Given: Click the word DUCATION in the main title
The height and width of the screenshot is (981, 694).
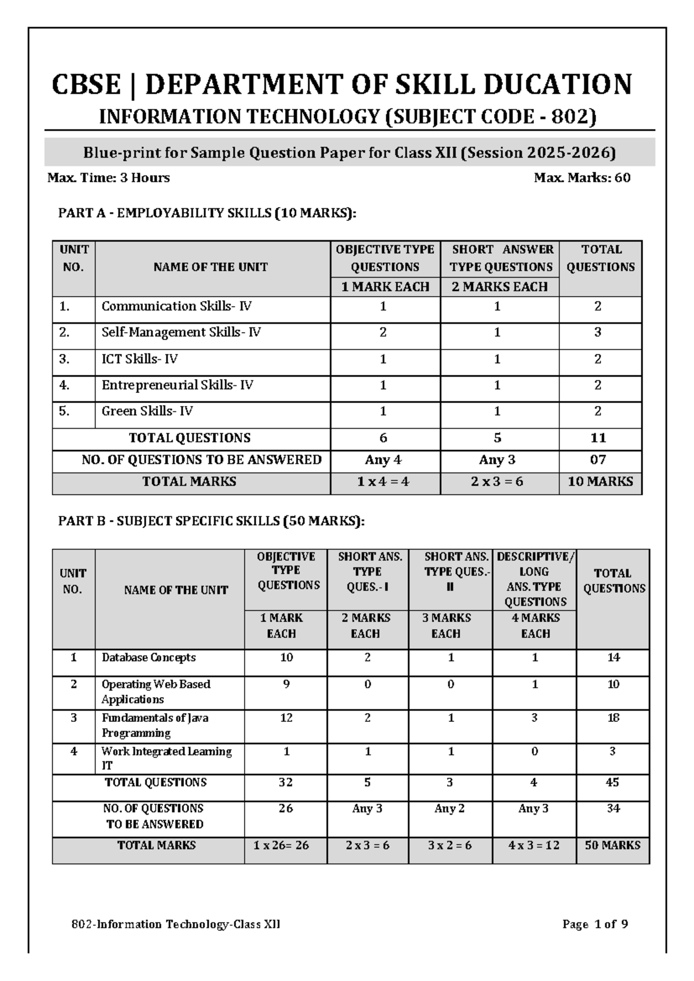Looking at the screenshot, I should pyautogui.click(x=557, y=84).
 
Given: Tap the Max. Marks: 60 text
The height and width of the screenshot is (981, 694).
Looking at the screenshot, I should pyautogui.click(x=582, y=178).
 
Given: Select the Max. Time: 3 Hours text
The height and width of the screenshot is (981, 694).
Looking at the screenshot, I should pyautogui.click(x=109, y=178).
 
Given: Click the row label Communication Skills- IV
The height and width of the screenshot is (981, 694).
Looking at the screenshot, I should pyautogui.click(x=176, y=307).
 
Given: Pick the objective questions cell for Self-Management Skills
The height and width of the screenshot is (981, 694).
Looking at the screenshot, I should pyautogui.click(x=383, y=333).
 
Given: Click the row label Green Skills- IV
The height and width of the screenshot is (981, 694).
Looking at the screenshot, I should pyautogui.click(x=147, y=411).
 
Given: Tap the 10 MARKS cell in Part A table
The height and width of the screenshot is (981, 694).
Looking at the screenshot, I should pyautogui.click(x=600, y=482).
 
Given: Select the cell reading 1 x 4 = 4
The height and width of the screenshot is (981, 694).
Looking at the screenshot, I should pyautogui.click(x=383, y=482).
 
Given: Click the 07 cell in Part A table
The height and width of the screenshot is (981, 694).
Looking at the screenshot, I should pyautogui.click(x=598, y=460).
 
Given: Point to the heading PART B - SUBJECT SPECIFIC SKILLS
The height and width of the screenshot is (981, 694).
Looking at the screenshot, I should pyautogui.click(x=212, y=521).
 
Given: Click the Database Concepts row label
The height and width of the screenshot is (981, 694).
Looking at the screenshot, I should pyautogui.click(x=149, y=658).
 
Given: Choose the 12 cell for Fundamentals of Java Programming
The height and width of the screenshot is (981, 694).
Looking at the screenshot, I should pyautogui.click(x=286, y=718).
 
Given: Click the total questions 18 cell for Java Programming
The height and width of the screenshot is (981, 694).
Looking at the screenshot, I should pyautogui.click(x=613, y=718).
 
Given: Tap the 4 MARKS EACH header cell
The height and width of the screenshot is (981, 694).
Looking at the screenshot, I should pyautogui.click(x=535, y=626).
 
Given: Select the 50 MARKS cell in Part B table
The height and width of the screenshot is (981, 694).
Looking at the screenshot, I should pyautogui.click(x=612, y=845).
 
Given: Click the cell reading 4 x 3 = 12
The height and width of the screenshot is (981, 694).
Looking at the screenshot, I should pyautogui.click(x=534, y=845).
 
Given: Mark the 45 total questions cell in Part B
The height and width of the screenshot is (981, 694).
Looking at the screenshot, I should pyautogui.click(x=612, y=783).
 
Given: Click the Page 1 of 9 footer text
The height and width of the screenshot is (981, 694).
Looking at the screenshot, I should pyautogui.click(x=595, y=924).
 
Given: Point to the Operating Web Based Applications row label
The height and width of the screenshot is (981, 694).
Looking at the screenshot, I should pyautogui.click(x=156, y=692).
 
